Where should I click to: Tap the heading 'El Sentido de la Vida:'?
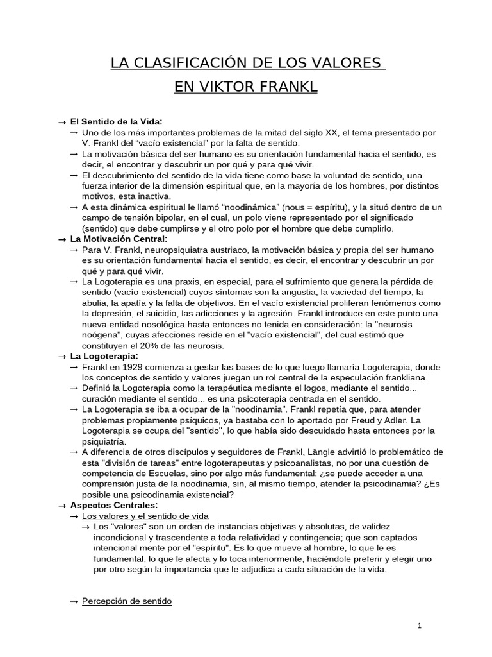coord(116,122)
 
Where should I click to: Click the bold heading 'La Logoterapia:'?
coord(104,356)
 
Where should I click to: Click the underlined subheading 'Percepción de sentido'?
coord(127,601)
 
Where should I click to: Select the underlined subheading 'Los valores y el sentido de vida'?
coord(145,516)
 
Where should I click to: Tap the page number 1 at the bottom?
coord(420,626)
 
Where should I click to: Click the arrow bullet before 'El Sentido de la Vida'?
coord(62,122)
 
